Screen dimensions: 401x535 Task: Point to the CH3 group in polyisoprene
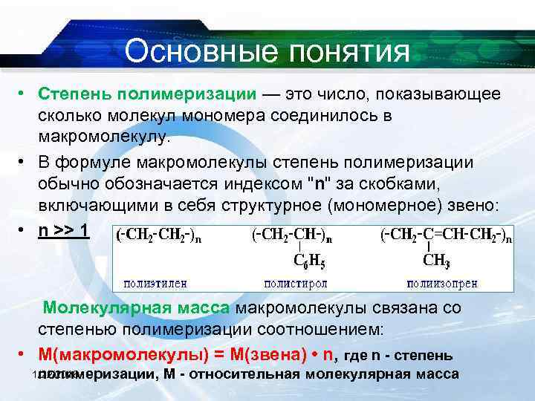[x=438, y=261]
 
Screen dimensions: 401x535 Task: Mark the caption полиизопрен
[x=442, y=283]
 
